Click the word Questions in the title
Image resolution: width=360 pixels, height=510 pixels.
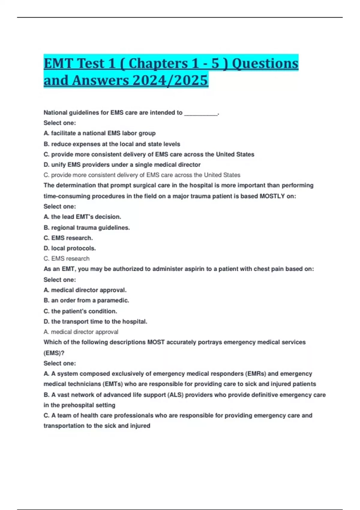(265, 63)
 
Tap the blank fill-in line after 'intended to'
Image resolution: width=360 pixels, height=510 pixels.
(201, 113)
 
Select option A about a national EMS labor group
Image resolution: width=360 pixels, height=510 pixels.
(100, 133)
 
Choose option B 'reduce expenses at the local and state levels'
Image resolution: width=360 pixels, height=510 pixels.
(112, 144)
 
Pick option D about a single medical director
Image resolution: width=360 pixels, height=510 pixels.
(122, 165)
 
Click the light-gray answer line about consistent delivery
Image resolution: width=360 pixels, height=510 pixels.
(142, 175)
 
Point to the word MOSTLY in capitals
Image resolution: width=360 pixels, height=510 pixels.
(272, 196)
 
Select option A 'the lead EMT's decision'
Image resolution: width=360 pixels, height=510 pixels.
(82, 217)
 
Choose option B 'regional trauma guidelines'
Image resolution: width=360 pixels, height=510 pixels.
(87, 228)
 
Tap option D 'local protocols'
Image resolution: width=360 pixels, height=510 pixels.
(70, 248)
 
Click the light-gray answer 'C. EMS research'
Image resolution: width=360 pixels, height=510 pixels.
(67, 259)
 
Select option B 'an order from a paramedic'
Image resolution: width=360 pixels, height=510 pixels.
(86, 300)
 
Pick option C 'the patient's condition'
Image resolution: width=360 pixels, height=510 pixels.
(80, 311)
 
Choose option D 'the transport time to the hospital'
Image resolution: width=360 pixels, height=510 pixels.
(95, 322)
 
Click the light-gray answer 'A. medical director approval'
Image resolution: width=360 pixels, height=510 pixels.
(81, 332)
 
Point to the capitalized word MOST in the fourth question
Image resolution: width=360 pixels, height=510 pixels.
(156, 342)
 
